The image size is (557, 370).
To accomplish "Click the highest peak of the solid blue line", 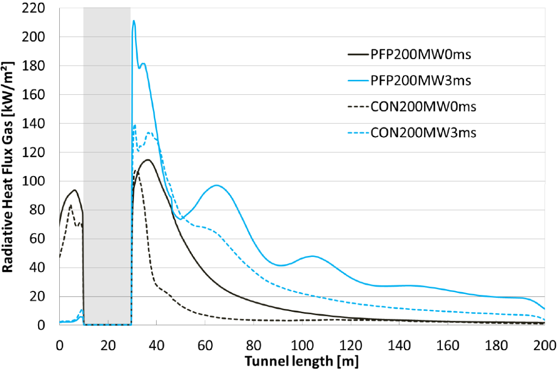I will [134, 21].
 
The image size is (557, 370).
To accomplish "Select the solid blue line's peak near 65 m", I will [216, 185].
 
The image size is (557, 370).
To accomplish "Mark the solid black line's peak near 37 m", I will [147, 160].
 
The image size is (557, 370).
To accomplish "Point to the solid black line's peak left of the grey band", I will [75, 190].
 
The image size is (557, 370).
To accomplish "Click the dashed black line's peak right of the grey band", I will [136, 171].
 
